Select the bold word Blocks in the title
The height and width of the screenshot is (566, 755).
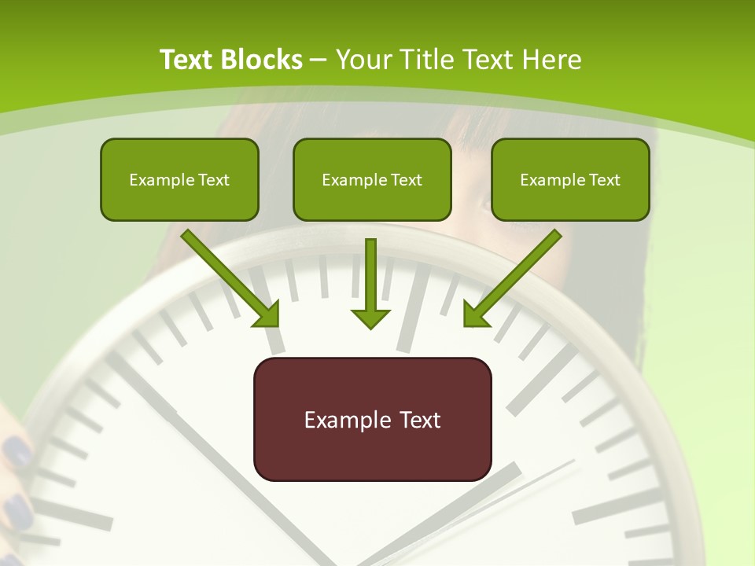coord(261,60)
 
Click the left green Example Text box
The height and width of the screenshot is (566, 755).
coord(179,179)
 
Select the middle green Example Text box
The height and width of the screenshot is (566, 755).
coord(372,179)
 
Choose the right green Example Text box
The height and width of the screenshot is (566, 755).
coord(570,179)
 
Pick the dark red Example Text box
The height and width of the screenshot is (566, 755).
coord(372,419)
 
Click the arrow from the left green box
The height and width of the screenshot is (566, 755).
coord(232,279)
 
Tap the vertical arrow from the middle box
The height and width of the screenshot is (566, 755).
coord(370,279)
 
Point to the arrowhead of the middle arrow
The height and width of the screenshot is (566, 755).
coord(370,318)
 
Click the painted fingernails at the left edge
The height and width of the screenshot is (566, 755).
coord(16,456)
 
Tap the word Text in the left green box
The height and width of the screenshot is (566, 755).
coord(213,180)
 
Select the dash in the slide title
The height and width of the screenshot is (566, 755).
coord(319,58)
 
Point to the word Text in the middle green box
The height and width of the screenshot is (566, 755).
coord(406,180)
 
